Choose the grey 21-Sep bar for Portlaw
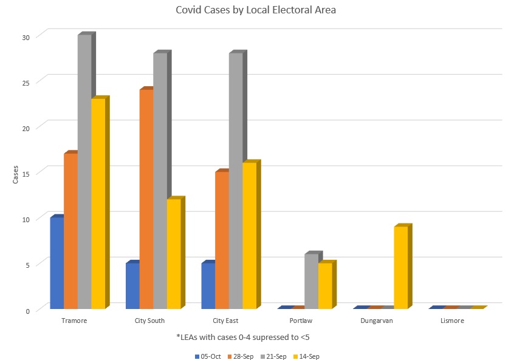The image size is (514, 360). coord(311,280)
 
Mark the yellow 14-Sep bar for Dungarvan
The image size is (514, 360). coord(401,267)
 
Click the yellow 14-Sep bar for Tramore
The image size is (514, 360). coord(98,203)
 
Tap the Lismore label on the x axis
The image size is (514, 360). coord(452,321)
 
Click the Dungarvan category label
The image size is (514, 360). coord(377,321)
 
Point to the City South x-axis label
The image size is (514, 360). coord(149,321)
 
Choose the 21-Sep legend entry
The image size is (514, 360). coord(274,356)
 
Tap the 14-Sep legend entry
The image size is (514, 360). coord(307,356)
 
